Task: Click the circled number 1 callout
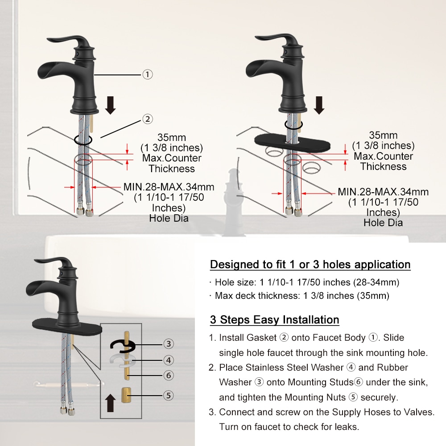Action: click(x=147, y=74)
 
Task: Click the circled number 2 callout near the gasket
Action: click(x=147, y=119)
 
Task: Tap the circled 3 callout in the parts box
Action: click(x=168, y=343)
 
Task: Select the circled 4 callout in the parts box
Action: click(x=168, y=359)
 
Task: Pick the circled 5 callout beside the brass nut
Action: click(x=168, y=395)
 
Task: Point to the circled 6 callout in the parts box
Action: click(x=168, y=376)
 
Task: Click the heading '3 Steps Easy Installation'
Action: click(x=274, y=320)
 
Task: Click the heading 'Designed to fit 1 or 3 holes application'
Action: click(x=310, y=264)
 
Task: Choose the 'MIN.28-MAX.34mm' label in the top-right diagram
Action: click(x=383, y=192)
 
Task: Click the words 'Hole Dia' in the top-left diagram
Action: click(x=169, y=218)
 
